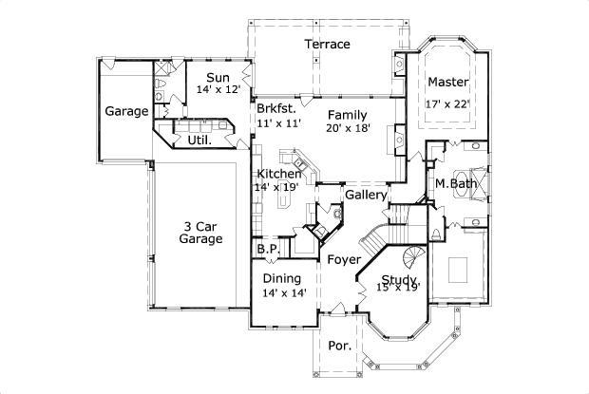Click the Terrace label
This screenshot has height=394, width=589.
pos(327,44)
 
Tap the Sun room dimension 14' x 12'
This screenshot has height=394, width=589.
pos(218,89)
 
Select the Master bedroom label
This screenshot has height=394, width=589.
pos(447,81)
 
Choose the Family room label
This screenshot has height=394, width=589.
pos(347,114)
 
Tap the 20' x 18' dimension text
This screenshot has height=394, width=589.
pos(347,127)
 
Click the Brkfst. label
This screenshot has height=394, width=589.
pos(278,109)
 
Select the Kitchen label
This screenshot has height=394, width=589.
pos(279,174)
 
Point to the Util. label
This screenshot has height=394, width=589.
pos(199,140)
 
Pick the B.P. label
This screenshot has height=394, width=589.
pos(267,250)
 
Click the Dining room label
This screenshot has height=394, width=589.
pos(281,278)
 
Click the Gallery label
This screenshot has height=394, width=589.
pos(366,195)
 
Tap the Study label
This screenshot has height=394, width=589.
pos(399,280)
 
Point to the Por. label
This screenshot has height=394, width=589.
pos(339,347)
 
